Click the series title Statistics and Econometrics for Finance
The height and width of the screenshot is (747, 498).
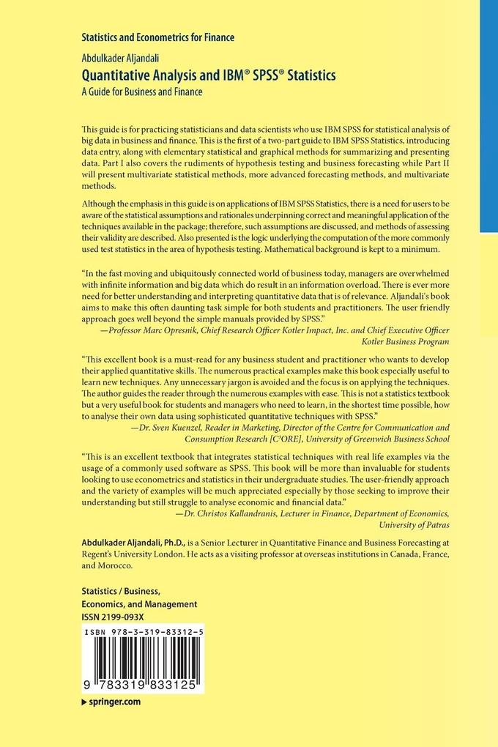pos(157,37)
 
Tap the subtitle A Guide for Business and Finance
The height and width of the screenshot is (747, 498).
pos(141,92)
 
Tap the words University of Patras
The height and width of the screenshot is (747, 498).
pos(413,525)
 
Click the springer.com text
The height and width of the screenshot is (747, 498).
pos(114,701)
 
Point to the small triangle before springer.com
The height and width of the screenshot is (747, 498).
pos(83,702)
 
